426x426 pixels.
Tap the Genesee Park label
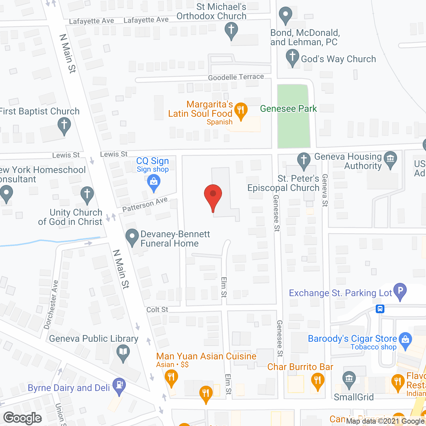pyautogui.click(x=288, y=109)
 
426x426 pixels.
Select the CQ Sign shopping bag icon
pyautogui.click(x=153, y=182)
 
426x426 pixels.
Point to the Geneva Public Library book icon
pyautogui.click(x=123, y=352)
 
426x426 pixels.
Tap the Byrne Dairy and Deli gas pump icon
pyautogui.click(x=119, y=385)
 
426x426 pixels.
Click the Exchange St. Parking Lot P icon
pyautogui.click(x=400, y=290)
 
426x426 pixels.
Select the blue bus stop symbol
pyautogui.click(x=380, y=309)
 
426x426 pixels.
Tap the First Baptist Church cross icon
pyautogui.click(x=64, y=125)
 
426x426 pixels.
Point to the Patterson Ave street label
pyautogui.click(x=145, y=204)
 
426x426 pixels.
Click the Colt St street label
pyautogui.click(x=157, y=310)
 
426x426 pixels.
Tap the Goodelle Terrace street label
pyautogui.click(x=236, y=77)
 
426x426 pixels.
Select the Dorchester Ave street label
pyautogui.click(x=52, y=305)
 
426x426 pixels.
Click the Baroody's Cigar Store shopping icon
pyautogui.click(x=405, y=340)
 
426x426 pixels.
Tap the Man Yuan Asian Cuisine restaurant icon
pyautogui.click(x=171, y=377)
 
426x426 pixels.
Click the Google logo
pyautogui.click(x=23, y=418)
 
